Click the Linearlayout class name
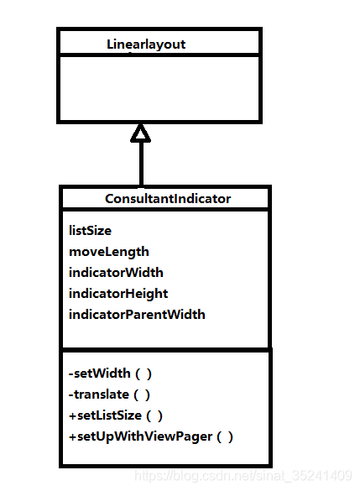[146, 44]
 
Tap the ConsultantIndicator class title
[168, 199]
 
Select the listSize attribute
[90, 229]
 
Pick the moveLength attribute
[109, 251]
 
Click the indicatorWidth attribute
[116, 272]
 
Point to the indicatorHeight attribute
[118, 293]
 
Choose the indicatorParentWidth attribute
[137, 314]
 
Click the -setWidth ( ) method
[110, 373]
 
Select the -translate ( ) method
[110, 394]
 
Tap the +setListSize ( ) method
[116, 415]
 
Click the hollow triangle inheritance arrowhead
[141, 132]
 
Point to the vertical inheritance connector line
[141, 164]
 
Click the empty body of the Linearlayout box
[159, 88]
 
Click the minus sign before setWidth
[71, 373]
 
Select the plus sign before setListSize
[72, 415]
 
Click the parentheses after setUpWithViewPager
[225, 436]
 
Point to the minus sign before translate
[71, 394]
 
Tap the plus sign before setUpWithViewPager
[72, 436]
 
